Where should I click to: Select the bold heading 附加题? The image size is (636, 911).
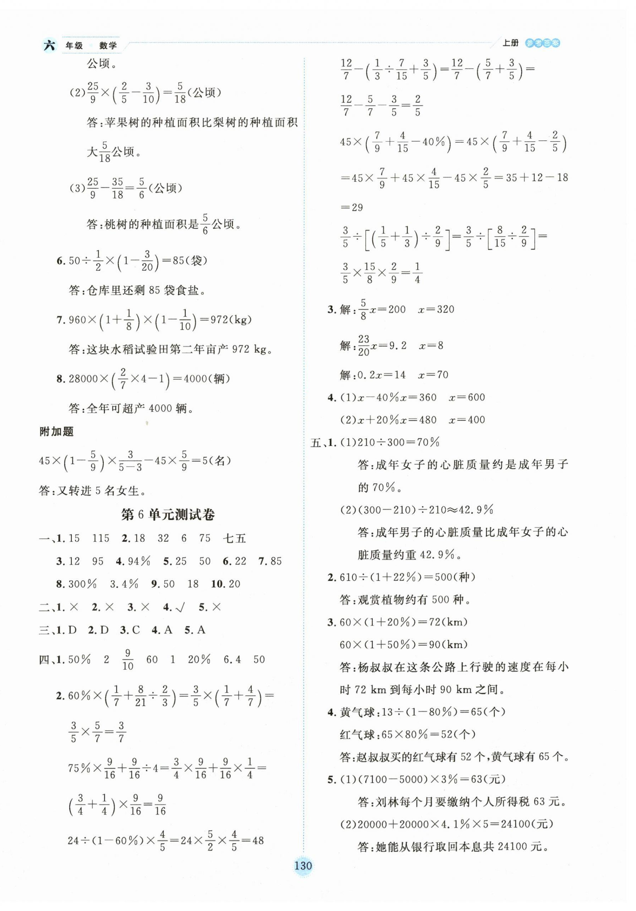56,431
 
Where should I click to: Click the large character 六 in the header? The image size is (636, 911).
49,45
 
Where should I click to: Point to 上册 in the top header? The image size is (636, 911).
510,43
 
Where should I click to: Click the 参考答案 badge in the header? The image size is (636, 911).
542,43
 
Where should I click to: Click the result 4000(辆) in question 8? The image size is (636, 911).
207,378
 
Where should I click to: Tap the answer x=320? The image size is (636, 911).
436,309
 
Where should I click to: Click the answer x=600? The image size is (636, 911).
466,397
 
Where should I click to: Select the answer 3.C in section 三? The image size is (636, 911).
130,630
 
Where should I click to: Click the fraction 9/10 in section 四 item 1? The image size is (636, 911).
127,659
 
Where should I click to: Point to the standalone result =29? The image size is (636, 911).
352,207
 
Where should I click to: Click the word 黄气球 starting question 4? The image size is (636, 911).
357,713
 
